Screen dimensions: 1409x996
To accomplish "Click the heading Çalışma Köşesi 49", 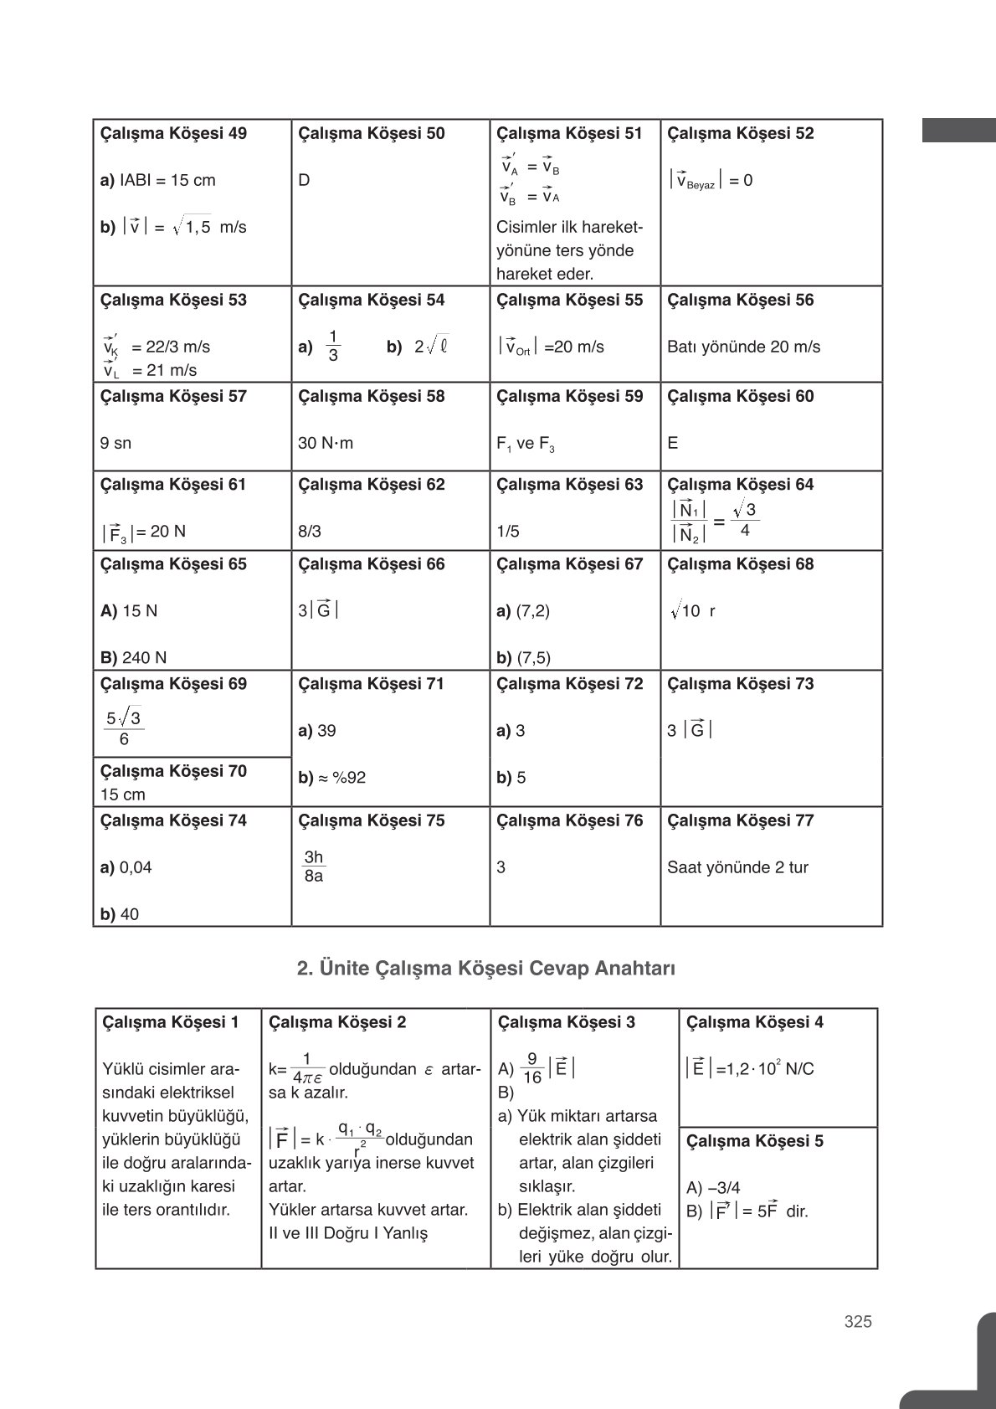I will click(173, 133).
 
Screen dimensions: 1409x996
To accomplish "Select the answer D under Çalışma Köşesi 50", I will click(304, 180).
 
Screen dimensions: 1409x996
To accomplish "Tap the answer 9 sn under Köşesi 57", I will click(116, 443).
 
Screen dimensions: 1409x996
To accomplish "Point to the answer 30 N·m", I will click(326, 443).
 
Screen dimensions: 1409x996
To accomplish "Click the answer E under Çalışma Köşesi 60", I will click(672, 443).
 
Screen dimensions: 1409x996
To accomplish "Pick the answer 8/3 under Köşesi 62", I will click(309, 532).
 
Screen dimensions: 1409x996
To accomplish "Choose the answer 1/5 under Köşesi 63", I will click(507, 532).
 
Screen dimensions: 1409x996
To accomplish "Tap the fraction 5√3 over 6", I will click(124, 728).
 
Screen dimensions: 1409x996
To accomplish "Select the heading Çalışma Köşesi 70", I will click(173, 771).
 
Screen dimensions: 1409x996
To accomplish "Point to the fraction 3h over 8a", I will click(314, 867).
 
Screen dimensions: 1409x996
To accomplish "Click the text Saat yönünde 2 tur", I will click(737, 867).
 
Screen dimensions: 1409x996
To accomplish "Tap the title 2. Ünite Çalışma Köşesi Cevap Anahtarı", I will click(485, 969).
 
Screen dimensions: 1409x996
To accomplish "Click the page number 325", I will click(858, 1321).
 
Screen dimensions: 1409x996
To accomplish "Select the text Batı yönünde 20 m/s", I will click(743, 347).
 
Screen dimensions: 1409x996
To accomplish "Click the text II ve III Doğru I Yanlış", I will click(347, 1233).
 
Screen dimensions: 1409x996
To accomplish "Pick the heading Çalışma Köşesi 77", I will click(740, 820).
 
